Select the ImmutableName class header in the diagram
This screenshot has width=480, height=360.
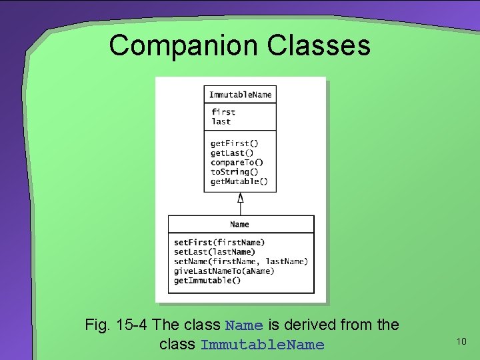(x=240, y=95)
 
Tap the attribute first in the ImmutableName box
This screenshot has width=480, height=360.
(x=223, y=112)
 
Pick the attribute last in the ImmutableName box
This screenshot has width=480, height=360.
(x=221, y=121)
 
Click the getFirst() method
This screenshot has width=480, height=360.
(x=234, y=143)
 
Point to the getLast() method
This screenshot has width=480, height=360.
(x=232, y=153)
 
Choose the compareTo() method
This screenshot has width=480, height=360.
(x=237, y=162)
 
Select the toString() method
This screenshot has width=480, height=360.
(x=234, y=171)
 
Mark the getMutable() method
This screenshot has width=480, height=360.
(x=239, y=181)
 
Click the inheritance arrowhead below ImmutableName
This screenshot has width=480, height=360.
(x=241, y=197)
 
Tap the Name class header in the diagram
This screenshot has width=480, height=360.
(x=240, y=224)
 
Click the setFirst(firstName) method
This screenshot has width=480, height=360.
(x=219, y=242)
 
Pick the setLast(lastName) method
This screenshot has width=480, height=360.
(x=215, y=251)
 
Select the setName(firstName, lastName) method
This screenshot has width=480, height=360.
(x=241, y=261)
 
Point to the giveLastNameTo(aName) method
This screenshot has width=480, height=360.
(x=224, y=271)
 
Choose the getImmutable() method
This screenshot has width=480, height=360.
(x=207, y=280)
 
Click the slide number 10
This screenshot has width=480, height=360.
(x=461, y=342)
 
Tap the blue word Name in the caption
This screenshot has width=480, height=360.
(x=244, y=326)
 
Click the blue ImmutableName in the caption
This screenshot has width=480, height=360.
(x=262, y=345)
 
